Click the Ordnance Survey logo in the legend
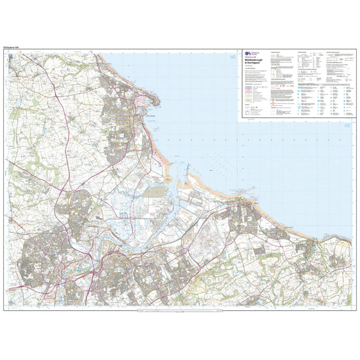pos(247,55)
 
